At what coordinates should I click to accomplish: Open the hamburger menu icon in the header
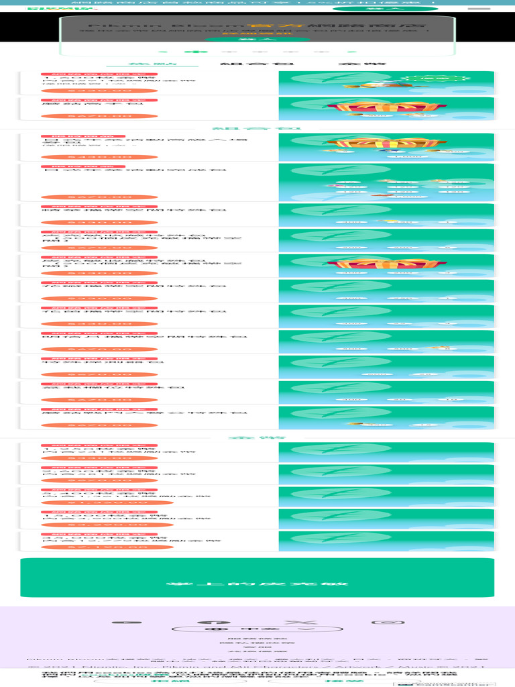click(478, 9)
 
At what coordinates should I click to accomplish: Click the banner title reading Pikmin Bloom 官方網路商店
click(257, 27)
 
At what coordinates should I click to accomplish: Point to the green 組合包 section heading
click(257, 128)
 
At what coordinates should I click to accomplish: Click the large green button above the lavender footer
click(257, 578)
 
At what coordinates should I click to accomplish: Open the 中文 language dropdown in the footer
click(257, 629)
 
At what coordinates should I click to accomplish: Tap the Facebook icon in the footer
click(208, 622)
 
